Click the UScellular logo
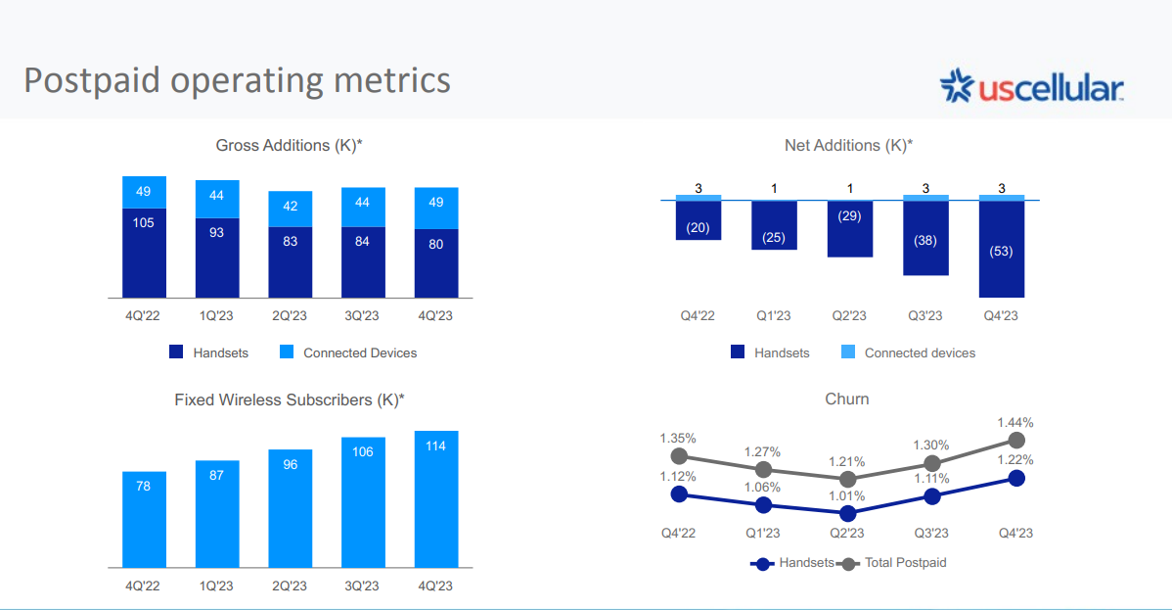1031,86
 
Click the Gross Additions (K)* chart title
289,145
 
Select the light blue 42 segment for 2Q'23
290,209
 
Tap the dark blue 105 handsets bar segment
144,253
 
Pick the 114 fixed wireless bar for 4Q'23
435,499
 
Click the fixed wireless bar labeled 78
144,520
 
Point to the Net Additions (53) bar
1002,250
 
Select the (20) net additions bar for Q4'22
699,220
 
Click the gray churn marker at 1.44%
1016,440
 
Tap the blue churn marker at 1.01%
847,513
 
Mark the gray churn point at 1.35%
679,456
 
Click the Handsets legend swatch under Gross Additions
176,352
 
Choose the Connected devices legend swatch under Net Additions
847,352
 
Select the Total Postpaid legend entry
893,563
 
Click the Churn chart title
847,399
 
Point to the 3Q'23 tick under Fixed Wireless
362,586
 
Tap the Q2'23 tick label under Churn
847,533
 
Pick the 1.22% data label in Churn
1015,459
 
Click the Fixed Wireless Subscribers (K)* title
290,399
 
